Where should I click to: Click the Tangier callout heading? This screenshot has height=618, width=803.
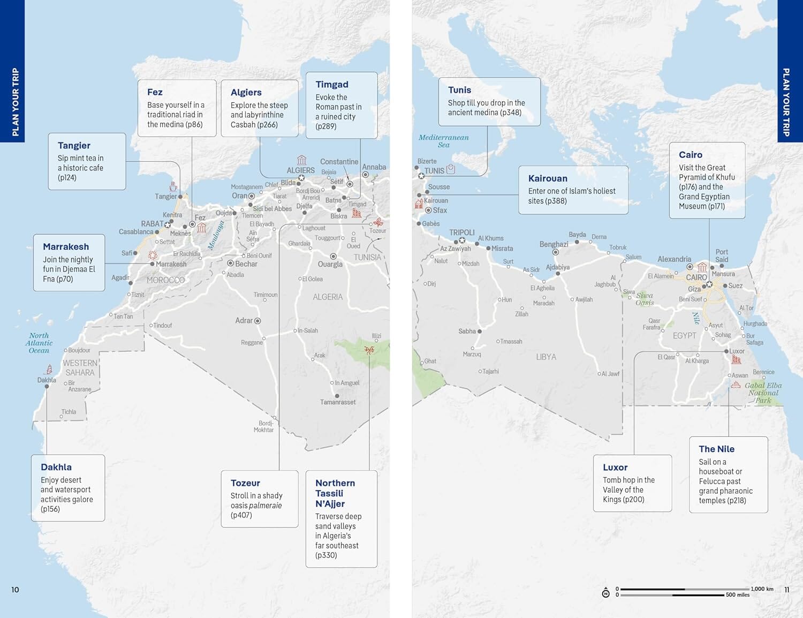coord(74,146)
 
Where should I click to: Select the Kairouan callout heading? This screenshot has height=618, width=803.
coord(548,178)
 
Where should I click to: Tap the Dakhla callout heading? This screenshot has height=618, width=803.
coord(56,467)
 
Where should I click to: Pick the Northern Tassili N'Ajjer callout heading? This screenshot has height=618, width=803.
coord(335,493)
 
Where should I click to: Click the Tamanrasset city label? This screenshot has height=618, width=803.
coord(338,402)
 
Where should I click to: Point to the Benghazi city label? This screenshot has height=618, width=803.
coord(554,244)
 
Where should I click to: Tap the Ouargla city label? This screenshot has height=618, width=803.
coord(330,264)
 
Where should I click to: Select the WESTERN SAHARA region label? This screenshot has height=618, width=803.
coord(80,367)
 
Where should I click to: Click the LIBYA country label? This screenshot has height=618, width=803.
coord(546,357)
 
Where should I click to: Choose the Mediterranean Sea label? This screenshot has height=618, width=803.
coord(443,141)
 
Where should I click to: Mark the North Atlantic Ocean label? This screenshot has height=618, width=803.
coord(39,343)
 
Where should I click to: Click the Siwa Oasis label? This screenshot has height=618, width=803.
coord(645,299)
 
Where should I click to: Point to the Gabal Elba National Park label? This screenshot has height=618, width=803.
coord(763,393)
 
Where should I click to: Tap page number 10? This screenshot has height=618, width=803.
coord(15,590)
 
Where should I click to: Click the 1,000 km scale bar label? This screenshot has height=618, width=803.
coord(762,589)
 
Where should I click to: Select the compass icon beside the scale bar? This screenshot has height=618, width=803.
coord(605,593)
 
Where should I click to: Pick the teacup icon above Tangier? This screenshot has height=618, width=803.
coord(173,186)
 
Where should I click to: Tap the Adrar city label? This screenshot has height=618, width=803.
coord(244,320)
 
